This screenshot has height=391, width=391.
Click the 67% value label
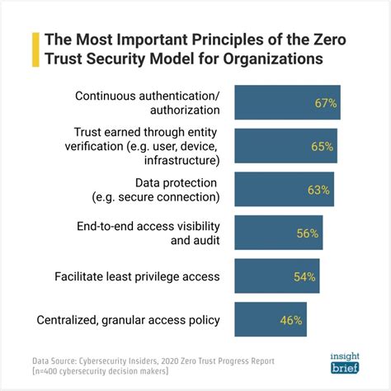click(x=327, y=103)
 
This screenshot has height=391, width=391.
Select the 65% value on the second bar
click(x=323, y=147)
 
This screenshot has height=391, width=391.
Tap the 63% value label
click(x=318, y=190)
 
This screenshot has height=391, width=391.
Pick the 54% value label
click(x=304, y=276)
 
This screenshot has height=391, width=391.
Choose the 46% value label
click(x=288, y=320)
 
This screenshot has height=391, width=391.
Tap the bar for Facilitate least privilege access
click(x=264, y=276)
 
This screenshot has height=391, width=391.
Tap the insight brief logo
click(x=339, y=360)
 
